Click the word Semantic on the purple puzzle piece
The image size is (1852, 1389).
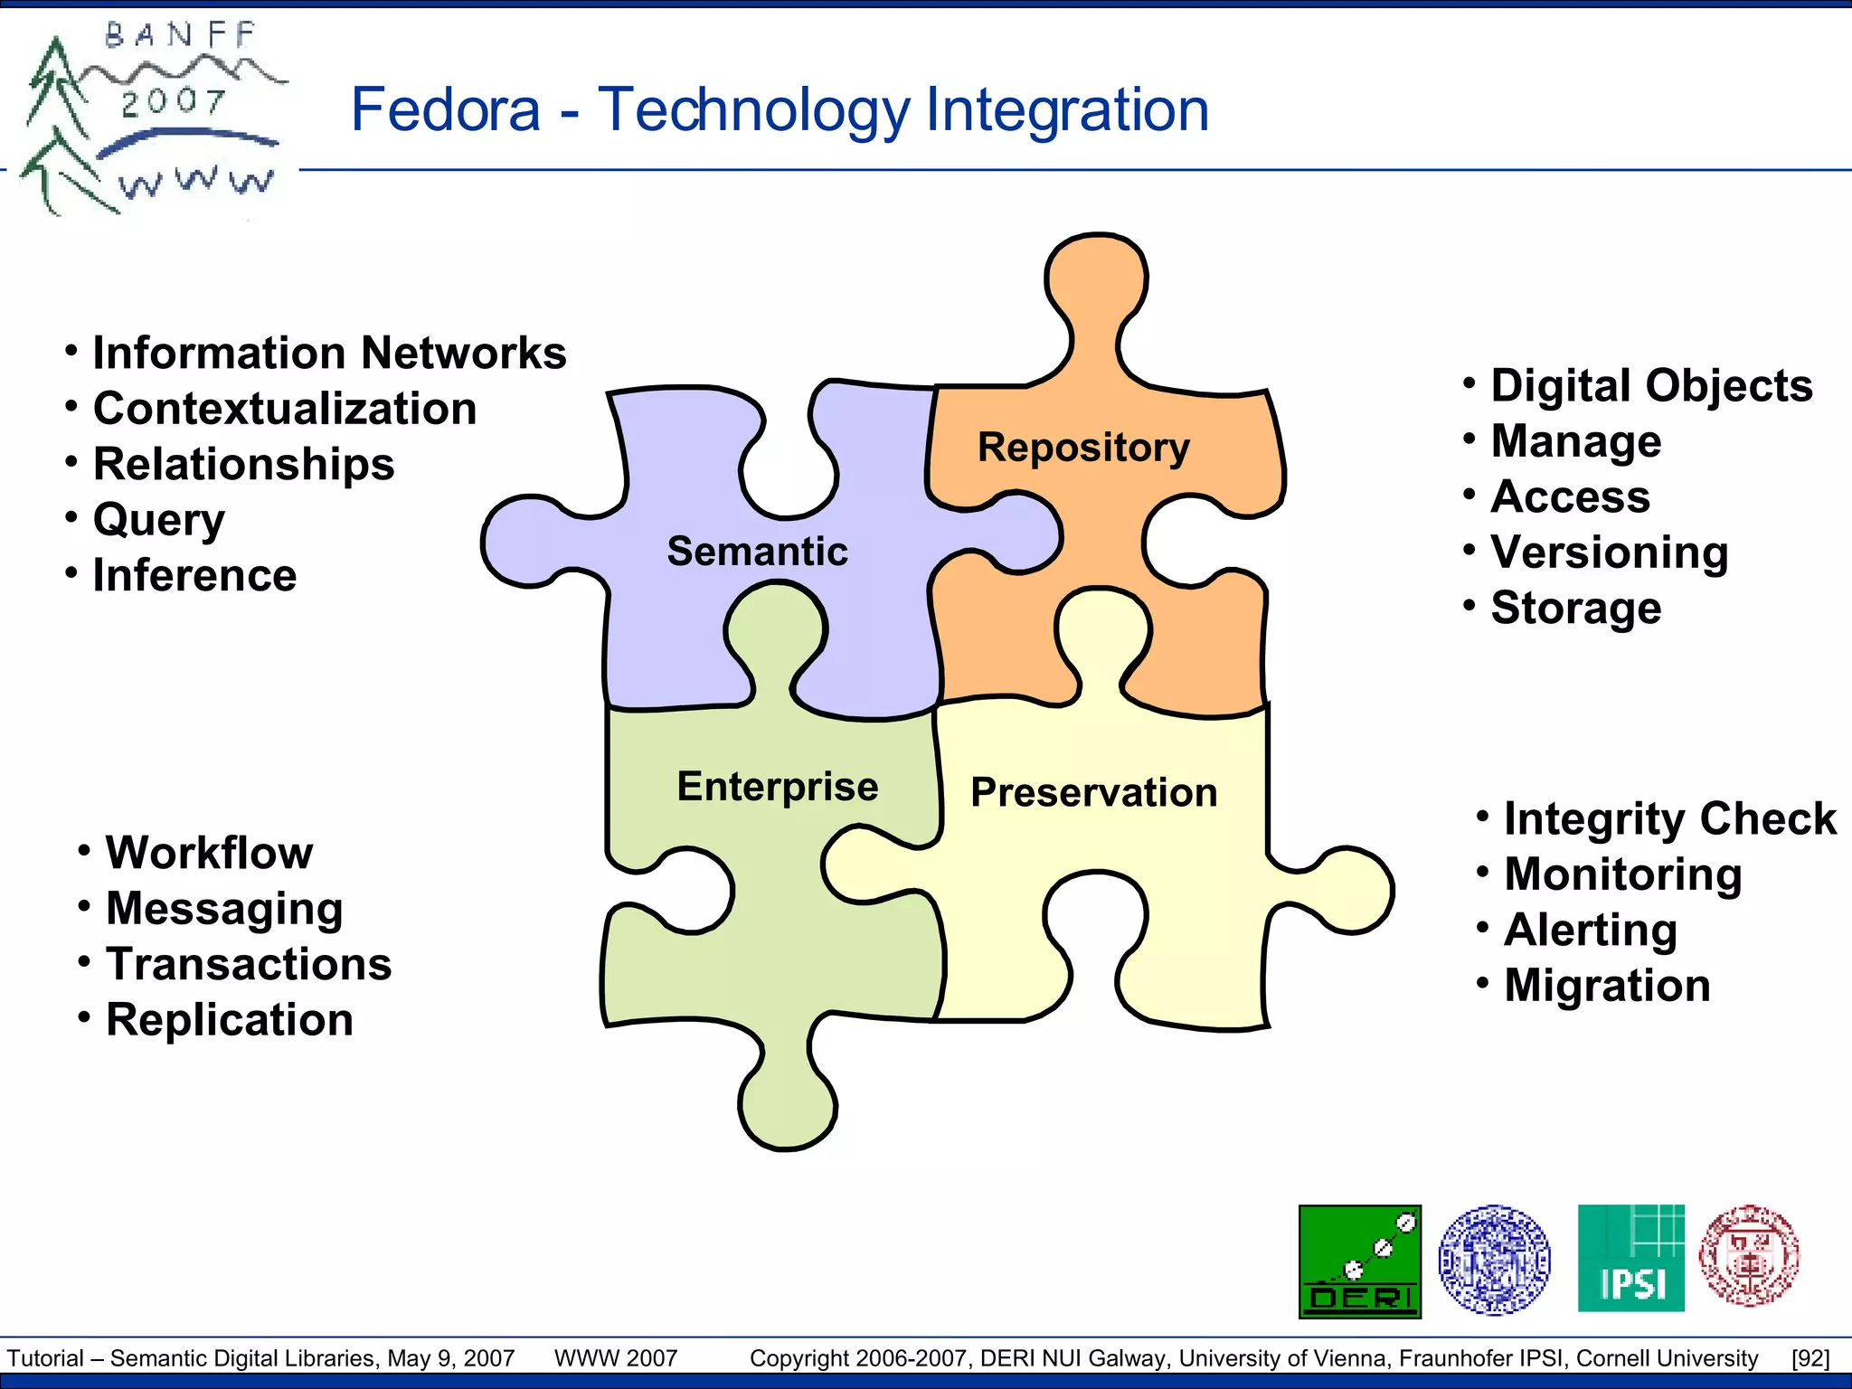[x=757, y=552]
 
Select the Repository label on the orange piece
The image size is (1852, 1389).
[x=1083, y=448]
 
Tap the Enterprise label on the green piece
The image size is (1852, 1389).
[x=778, y=787]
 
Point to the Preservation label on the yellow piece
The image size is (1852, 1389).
[x=1094, y=793]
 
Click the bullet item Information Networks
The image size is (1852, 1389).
[x=329, y=353]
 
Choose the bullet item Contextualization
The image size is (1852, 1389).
[x=285, y=409]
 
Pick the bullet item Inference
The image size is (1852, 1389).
[x=194, y=576]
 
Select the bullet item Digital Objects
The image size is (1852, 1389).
[x=1651, y=386]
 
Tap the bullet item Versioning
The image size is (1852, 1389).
[x=1609, y=553]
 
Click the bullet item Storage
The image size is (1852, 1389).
[x=1575, y=608]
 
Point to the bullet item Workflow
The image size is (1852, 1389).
[x=209, y=853]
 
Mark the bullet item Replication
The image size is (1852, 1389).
[x=230, y=1020]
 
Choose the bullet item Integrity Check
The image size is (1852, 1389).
[x=1669, y=819]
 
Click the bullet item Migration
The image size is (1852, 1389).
[x=1607, y=986]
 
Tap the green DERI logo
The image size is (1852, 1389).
[x=1359, y=1261]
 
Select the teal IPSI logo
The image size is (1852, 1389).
[x=1630, y=1258]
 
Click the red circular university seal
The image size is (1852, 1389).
[x=1749, y=1255]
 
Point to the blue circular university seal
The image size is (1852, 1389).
[x=1494, y=1259]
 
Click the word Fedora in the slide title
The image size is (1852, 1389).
[x=445, y=110]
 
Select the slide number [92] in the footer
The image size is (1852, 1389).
[x=1810, y=1358]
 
